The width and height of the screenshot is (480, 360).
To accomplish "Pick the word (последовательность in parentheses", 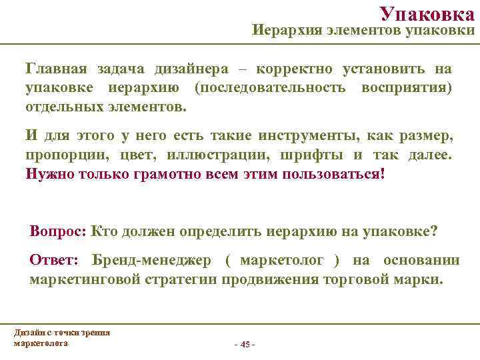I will (269, 88).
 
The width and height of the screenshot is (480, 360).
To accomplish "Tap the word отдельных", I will (61, 107).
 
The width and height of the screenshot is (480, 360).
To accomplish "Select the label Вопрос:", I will (57, 231).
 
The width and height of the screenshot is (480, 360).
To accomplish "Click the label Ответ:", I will (54, 260).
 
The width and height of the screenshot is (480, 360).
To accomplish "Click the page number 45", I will (244, 344).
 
